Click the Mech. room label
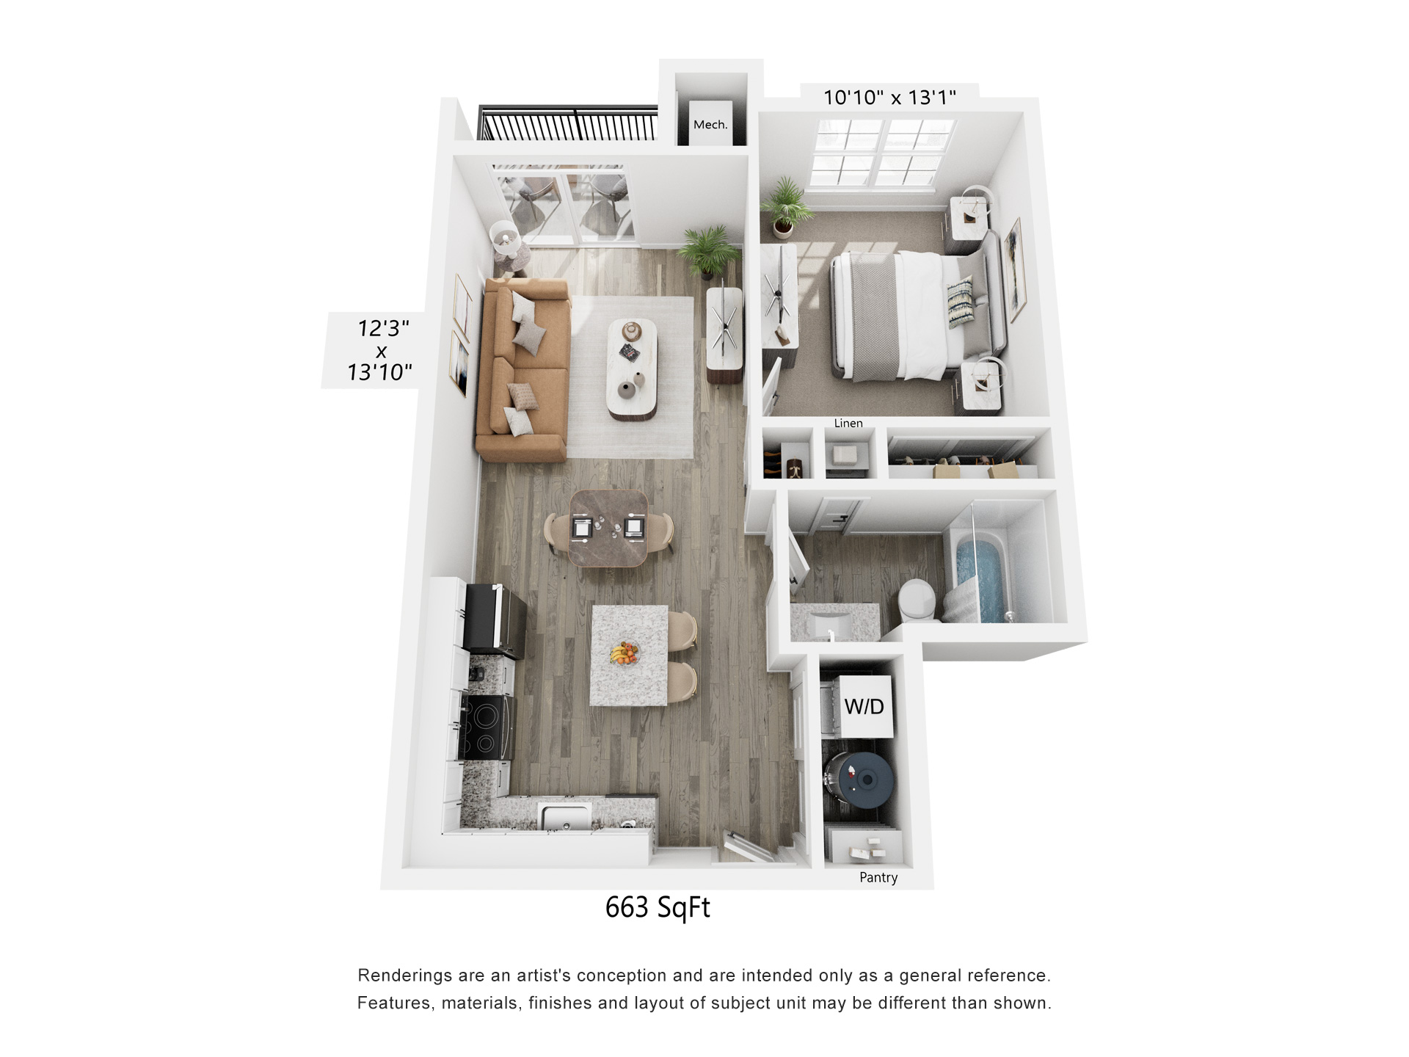click(710, 125)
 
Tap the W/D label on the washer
click(864, 707)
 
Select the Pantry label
click(878, 877)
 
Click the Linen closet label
click(848, 423)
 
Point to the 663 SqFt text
click(658, 908)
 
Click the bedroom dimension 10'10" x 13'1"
click(889, 98)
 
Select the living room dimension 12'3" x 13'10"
click(380, 350)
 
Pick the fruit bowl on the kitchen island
click(624, 653)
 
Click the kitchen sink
click(564, 816)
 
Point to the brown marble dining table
click(608, 528)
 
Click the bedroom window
click(881, 153)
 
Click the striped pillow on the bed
click(960, 302)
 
